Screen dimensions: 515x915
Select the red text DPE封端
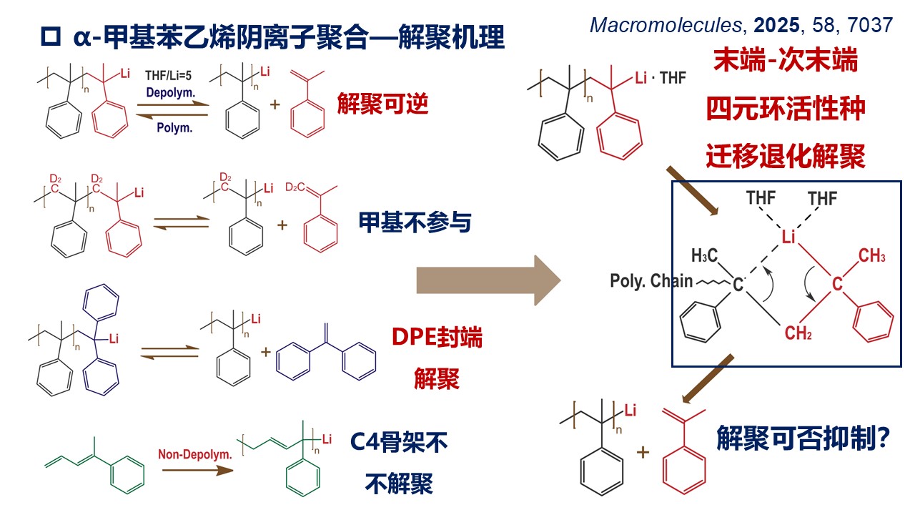[x=437, y=338]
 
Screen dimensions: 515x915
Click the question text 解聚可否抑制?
[x=802, y=437]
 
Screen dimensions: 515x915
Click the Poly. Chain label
[x=651, y=281]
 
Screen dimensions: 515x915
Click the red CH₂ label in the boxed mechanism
[x=798, y=333]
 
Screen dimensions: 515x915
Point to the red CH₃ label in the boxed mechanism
[x=872, y=256]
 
